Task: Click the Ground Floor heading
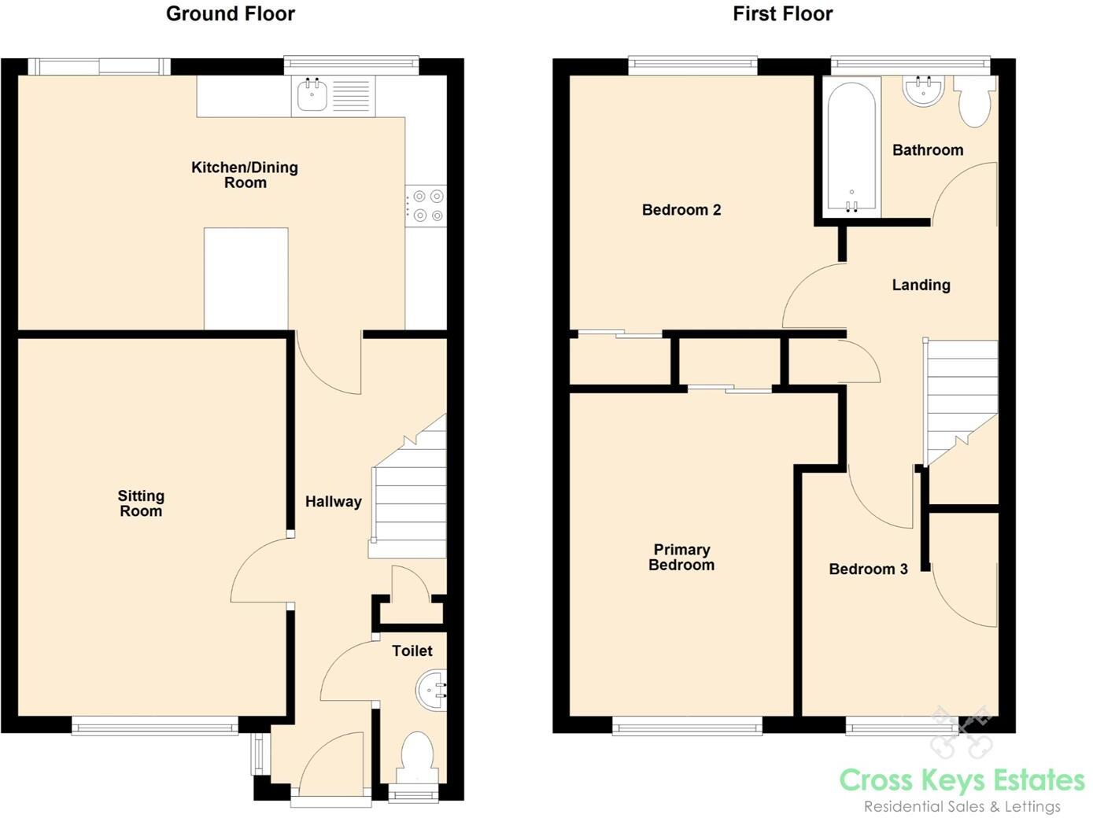click(230, 13)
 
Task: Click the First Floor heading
click(782, 13)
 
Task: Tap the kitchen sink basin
click(312, 96)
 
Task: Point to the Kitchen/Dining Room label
click(245, 175)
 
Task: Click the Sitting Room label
click(141, 503)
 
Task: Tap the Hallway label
click(333, 502)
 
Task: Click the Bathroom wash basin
click(924, 90)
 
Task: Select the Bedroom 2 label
click(681, 210)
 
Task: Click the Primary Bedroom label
click(681, 557)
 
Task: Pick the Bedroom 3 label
click(868, 569)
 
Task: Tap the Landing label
click(921, 285)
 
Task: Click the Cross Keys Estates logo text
click(962, 780)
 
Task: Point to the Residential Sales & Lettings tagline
click(962, 806)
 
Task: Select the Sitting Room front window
click(155, 725)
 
